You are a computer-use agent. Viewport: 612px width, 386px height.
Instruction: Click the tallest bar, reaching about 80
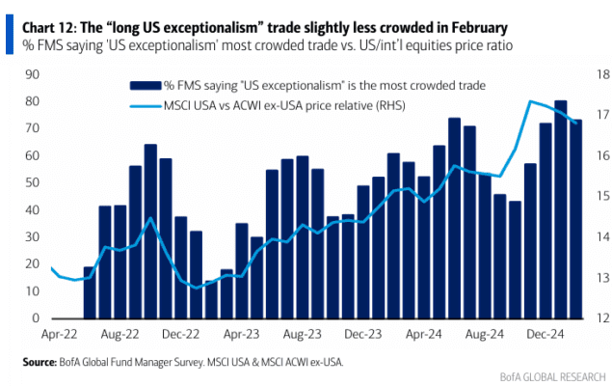pyautogui.click(x=561, y=209)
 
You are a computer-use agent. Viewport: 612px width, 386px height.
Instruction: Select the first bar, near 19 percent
pyautogui.click(x=89, y=292)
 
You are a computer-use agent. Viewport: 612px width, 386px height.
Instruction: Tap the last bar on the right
pyautogui.click(x=575, y=219)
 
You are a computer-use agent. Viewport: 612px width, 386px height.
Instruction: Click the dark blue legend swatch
pyautogui.click(x=146, y=86)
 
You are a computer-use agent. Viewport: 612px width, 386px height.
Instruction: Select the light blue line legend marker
pyautogui.click(x=146, y=106)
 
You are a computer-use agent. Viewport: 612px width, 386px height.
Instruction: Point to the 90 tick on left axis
pyautogui.click(x=33, y=74)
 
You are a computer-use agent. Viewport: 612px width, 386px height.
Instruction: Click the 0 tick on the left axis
pyautogui.click(x=36, y=318)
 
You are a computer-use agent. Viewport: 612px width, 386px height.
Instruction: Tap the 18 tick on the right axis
pyautogui.click(x=603, y=74)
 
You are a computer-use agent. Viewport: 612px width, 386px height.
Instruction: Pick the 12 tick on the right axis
pyautogui.click(x=603, y=318)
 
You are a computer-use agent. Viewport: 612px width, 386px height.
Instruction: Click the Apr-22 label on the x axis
pyautogui.click(x=60, y=335)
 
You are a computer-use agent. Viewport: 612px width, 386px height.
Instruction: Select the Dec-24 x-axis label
pyautogui.click(x=545, y=335)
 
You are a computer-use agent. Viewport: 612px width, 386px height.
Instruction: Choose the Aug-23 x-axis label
pyautogui.click(x=302, y=335)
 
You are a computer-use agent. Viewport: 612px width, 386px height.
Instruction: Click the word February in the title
pyautogui.click(x=480, y=28)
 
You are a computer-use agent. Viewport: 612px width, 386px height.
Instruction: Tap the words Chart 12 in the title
pyautogui.click(x=49, y=28)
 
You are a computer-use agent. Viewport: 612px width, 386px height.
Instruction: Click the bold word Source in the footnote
pyautogui.click(x=40, y=362)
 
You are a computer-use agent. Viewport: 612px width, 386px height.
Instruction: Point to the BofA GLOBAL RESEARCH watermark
pyautogui.click(x=552, y=377)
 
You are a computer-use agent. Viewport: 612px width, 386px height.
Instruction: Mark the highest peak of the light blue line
pyautogui.click(x=530, y=101)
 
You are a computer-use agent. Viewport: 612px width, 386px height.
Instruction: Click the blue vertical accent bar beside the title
pyautogui.click(x=10, y=35)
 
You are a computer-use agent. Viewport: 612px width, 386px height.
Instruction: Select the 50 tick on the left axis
pyautogui.click(x=33, y=182)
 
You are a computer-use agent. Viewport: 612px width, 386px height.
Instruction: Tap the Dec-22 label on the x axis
pyautogui.click(x=181, y=335)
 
